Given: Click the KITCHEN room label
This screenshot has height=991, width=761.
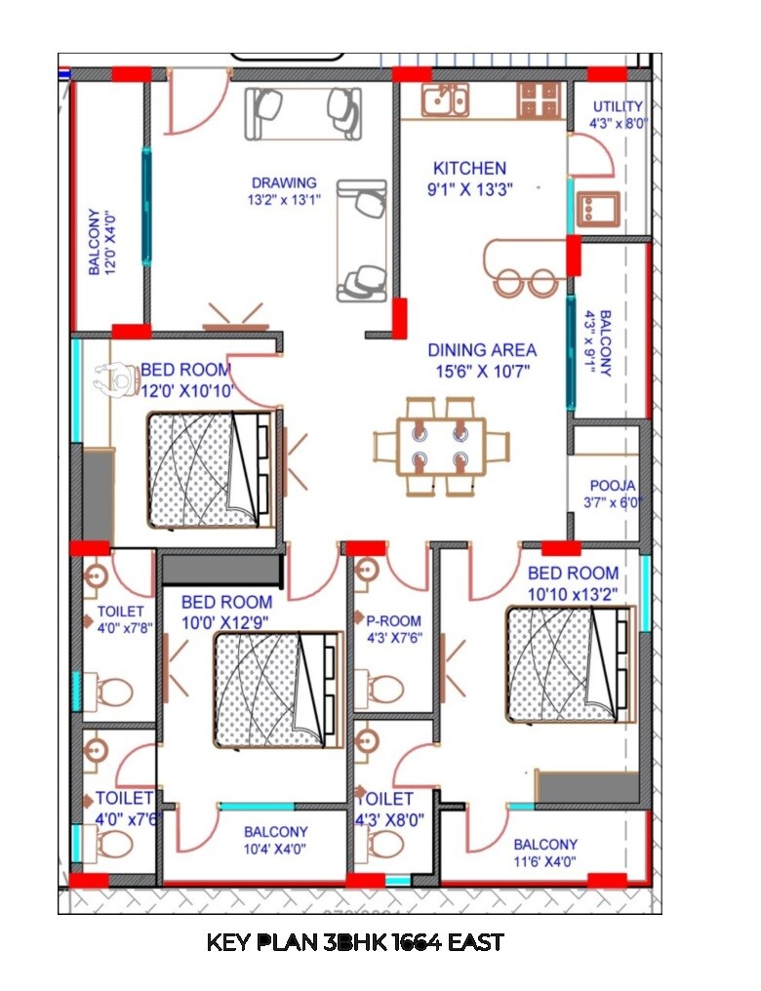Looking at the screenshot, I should tap(469, 168).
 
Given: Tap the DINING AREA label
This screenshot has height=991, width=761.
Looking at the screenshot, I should tap(482, 349).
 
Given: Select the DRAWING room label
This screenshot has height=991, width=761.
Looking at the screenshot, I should tap(284, 182).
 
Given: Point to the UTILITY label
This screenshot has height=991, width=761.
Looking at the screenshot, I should tap(618, 106).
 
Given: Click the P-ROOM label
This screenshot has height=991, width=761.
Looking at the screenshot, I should tap(393, 619).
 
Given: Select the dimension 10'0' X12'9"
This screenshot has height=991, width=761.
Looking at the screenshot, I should tap(226, 622).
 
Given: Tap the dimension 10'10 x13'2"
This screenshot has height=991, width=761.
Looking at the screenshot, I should tap(574, 593).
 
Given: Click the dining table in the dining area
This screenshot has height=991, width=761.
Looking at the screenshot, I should tap(441, 445).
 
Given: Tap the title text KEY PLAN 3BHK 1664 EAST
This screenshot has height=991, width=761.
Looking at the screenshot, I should tap(355, 942).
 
